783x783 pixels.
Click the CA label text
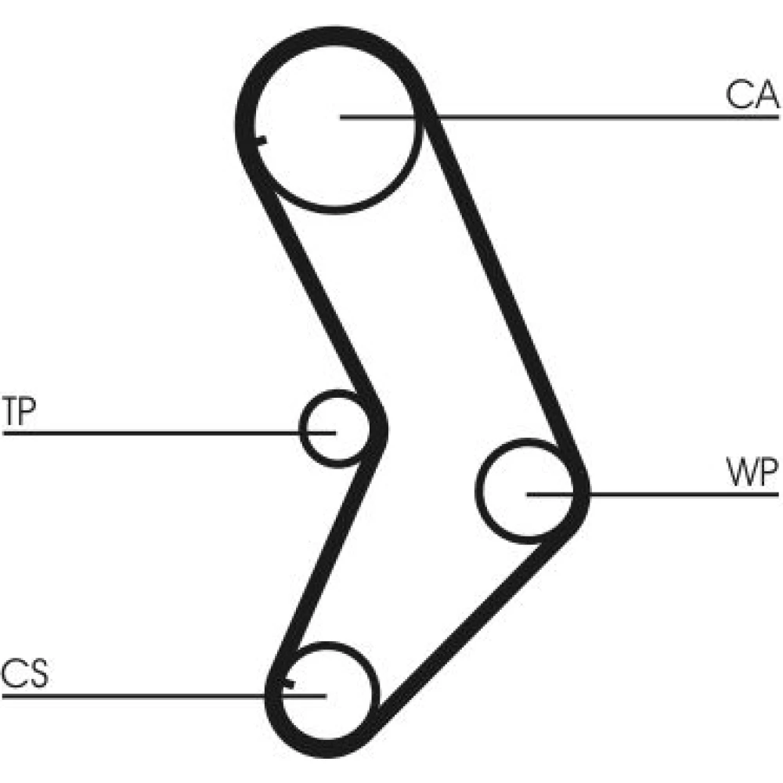click(x=751, y=95)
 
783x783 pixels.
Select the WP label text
click(x=751, y=474)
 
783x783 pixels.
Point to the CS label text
click(x=24, y=674)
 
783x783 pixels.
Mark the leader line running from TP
click(x=157, y=431)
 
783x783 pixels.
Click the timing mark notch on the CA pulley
click(x=261, y=141)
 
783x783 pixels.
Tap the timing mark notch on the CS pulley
click(x=287, y=684)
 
